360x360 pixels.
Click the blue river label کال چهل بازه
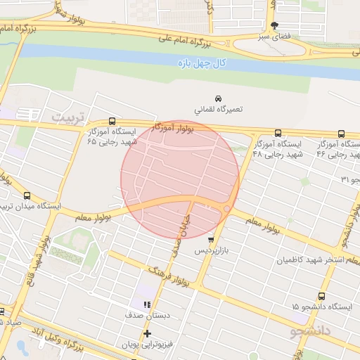(x=201, y=63)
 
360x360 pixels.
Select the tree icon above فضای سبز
(x=274, y=25)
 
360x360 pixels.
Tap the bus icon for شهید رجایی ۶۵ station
(x=112, y=121)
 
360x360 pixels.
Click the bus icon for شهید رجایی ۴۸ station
(x=278, y=132)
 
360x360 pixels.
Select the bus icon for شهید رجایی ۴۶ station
(x=341, y=133)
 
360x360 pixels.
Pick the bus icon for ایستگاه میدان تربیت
(x=27, y=195)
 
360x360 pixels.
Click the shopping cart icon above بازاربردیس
(x=210, y=240)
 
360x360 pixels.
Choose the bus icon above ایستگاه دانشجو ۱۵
(x=322, y=296)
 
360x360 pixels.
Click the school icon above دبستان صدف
(x=147, y=304)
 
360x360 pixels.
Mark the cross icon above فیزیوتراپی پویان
(x=147, y=333)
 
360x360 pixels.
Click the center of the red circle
(x=180, y=180)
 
